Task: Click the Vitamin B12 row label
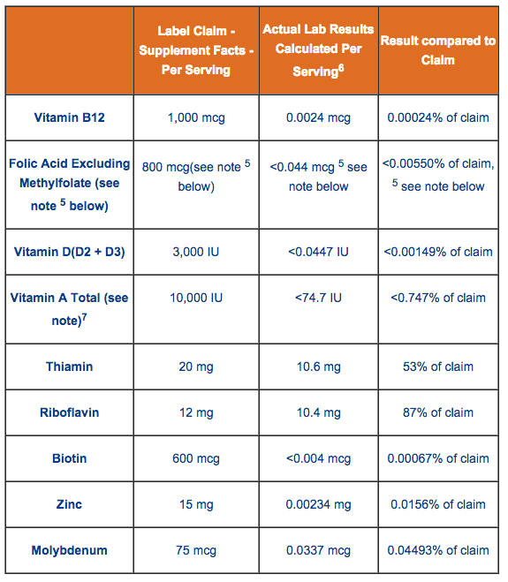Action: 70,117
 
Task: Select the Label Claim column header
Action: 196,50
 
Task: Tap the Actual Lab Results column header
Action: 318,49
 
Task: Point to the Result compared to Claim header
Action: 438,50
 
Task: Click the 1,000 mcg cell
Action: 196,118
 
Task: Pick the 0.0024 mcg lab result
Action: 318,118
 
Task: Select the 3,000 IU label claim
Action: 196,252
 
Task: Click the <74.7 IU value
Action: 318,298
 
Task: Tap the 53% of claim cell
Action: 438,367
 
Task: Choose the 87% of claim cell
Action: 438,412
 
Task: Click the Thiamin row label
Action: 70,367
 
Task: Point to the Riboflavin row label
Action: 70,412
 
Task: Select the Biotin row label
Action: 70,458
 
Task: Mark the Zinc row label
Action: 70,504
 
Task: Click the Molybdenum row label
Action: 70,550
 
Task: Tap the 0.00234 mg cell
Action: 318,505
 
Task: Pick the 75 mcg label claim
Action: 196,550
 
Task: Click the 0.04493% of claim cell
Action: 438,550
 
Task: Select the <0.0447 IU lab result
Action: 318,252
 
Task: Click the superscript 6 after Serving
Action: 341,68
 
